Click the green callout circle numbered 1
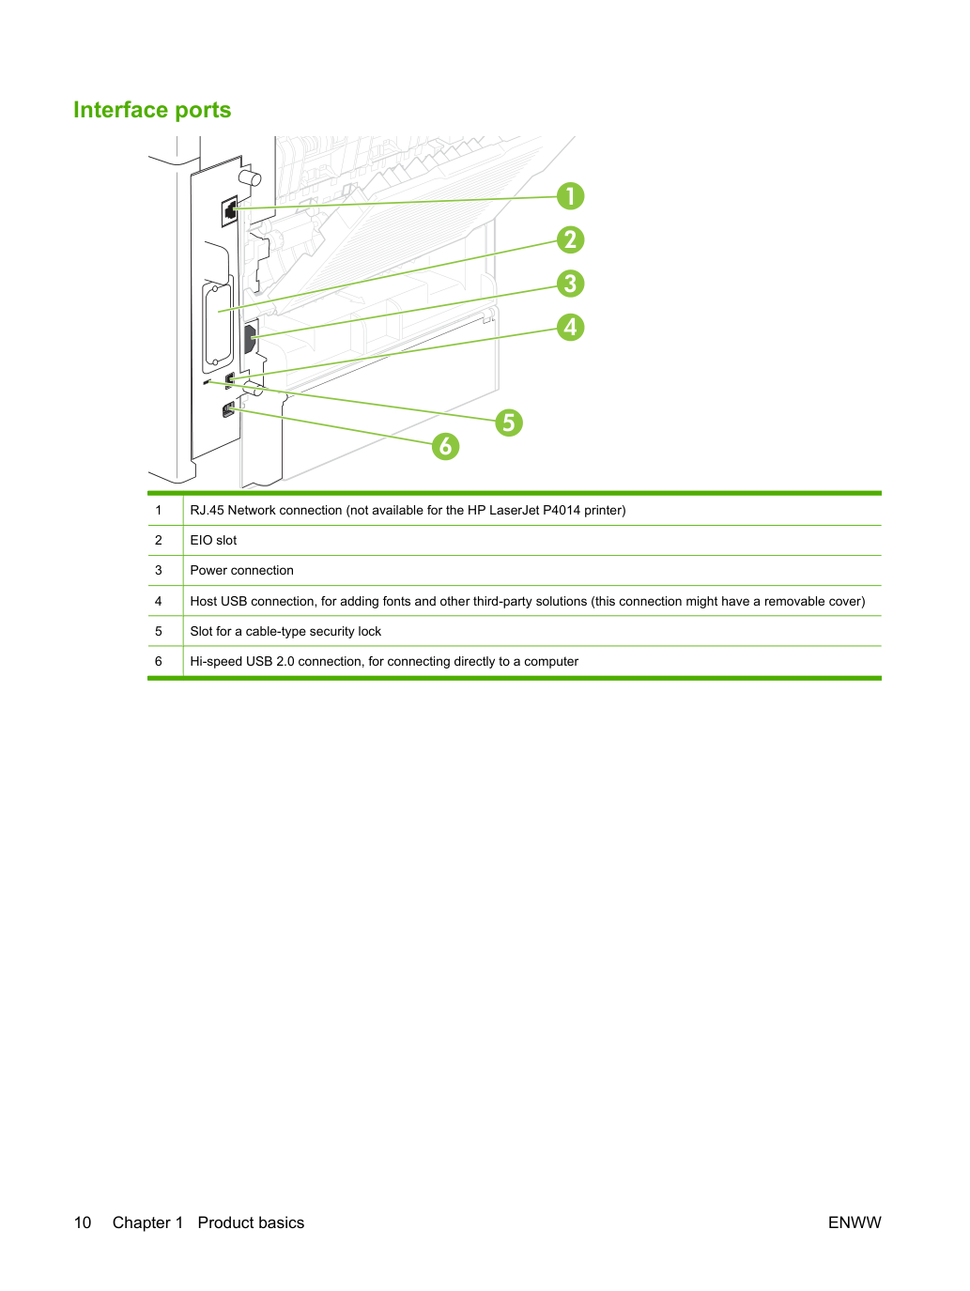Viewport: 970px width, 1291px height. click(570, 196)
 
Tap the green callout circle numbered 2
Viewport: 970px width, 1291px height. click(570, 240)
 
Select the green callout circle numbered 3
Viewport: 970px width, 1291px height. click(570, 284)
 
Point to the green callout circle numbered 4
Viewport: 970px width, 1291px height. click(570, 327)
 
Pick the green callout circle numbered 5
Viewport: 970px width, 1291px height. click(509, 423)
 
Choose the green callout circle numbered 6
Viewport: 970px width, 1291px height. click(445, 446)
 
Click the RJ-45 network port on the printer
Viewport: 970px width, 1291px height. click(229, 210)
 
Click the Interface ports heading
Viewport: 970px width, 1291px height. click(152, 110)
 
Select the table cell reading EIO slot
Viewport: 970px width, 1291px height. click(213, 540)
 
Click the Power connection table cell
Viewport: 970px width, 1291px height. click(241, 570)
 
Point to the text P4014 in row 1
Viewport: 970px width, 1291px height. click(562, 510)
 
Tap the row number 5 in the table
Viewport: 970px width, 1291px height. click(159, 631)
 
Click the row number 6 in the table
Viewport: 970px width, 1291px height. click(159, 661)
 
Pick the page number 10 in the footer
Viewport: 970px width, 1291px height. click(83, 1222)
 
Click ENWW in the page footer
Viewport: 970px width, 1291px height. click(855, 1222)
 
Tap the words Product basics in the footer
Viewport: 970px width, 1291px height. click(251, 1222)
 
